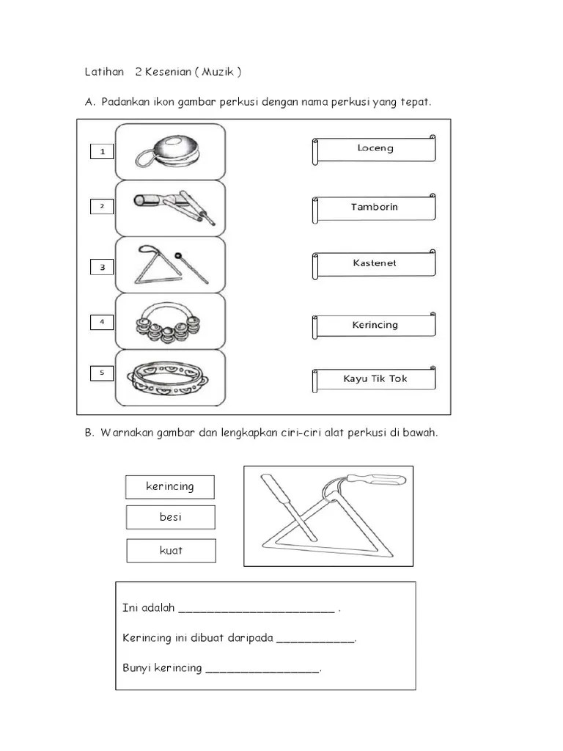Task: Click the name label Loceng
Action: coord(375,149)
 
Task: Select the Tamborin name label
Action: coord(375,208)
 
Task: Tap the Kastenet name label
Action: coord(375,263)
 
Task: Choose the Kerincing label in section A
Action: coord(375,325)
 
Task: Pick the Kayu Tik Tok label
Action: coord(375,379)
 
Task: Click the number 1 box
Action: coord(102,152)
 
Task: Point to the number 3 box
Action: coord(102,267)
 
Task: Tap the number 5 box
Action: coord(102,373)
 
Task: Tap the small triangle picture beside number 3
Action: coord(170,264)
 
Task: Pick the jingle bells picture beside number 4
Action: coord(170,323)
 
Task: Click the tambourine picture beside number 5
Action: coord(170,377)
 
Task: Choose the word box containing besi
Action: coord(170,517)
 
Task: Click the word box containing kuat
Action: coord(171,551)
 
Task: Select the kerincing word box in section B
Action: coord(169,487)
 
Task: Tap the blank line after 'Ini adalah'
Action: coord(257,609)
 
